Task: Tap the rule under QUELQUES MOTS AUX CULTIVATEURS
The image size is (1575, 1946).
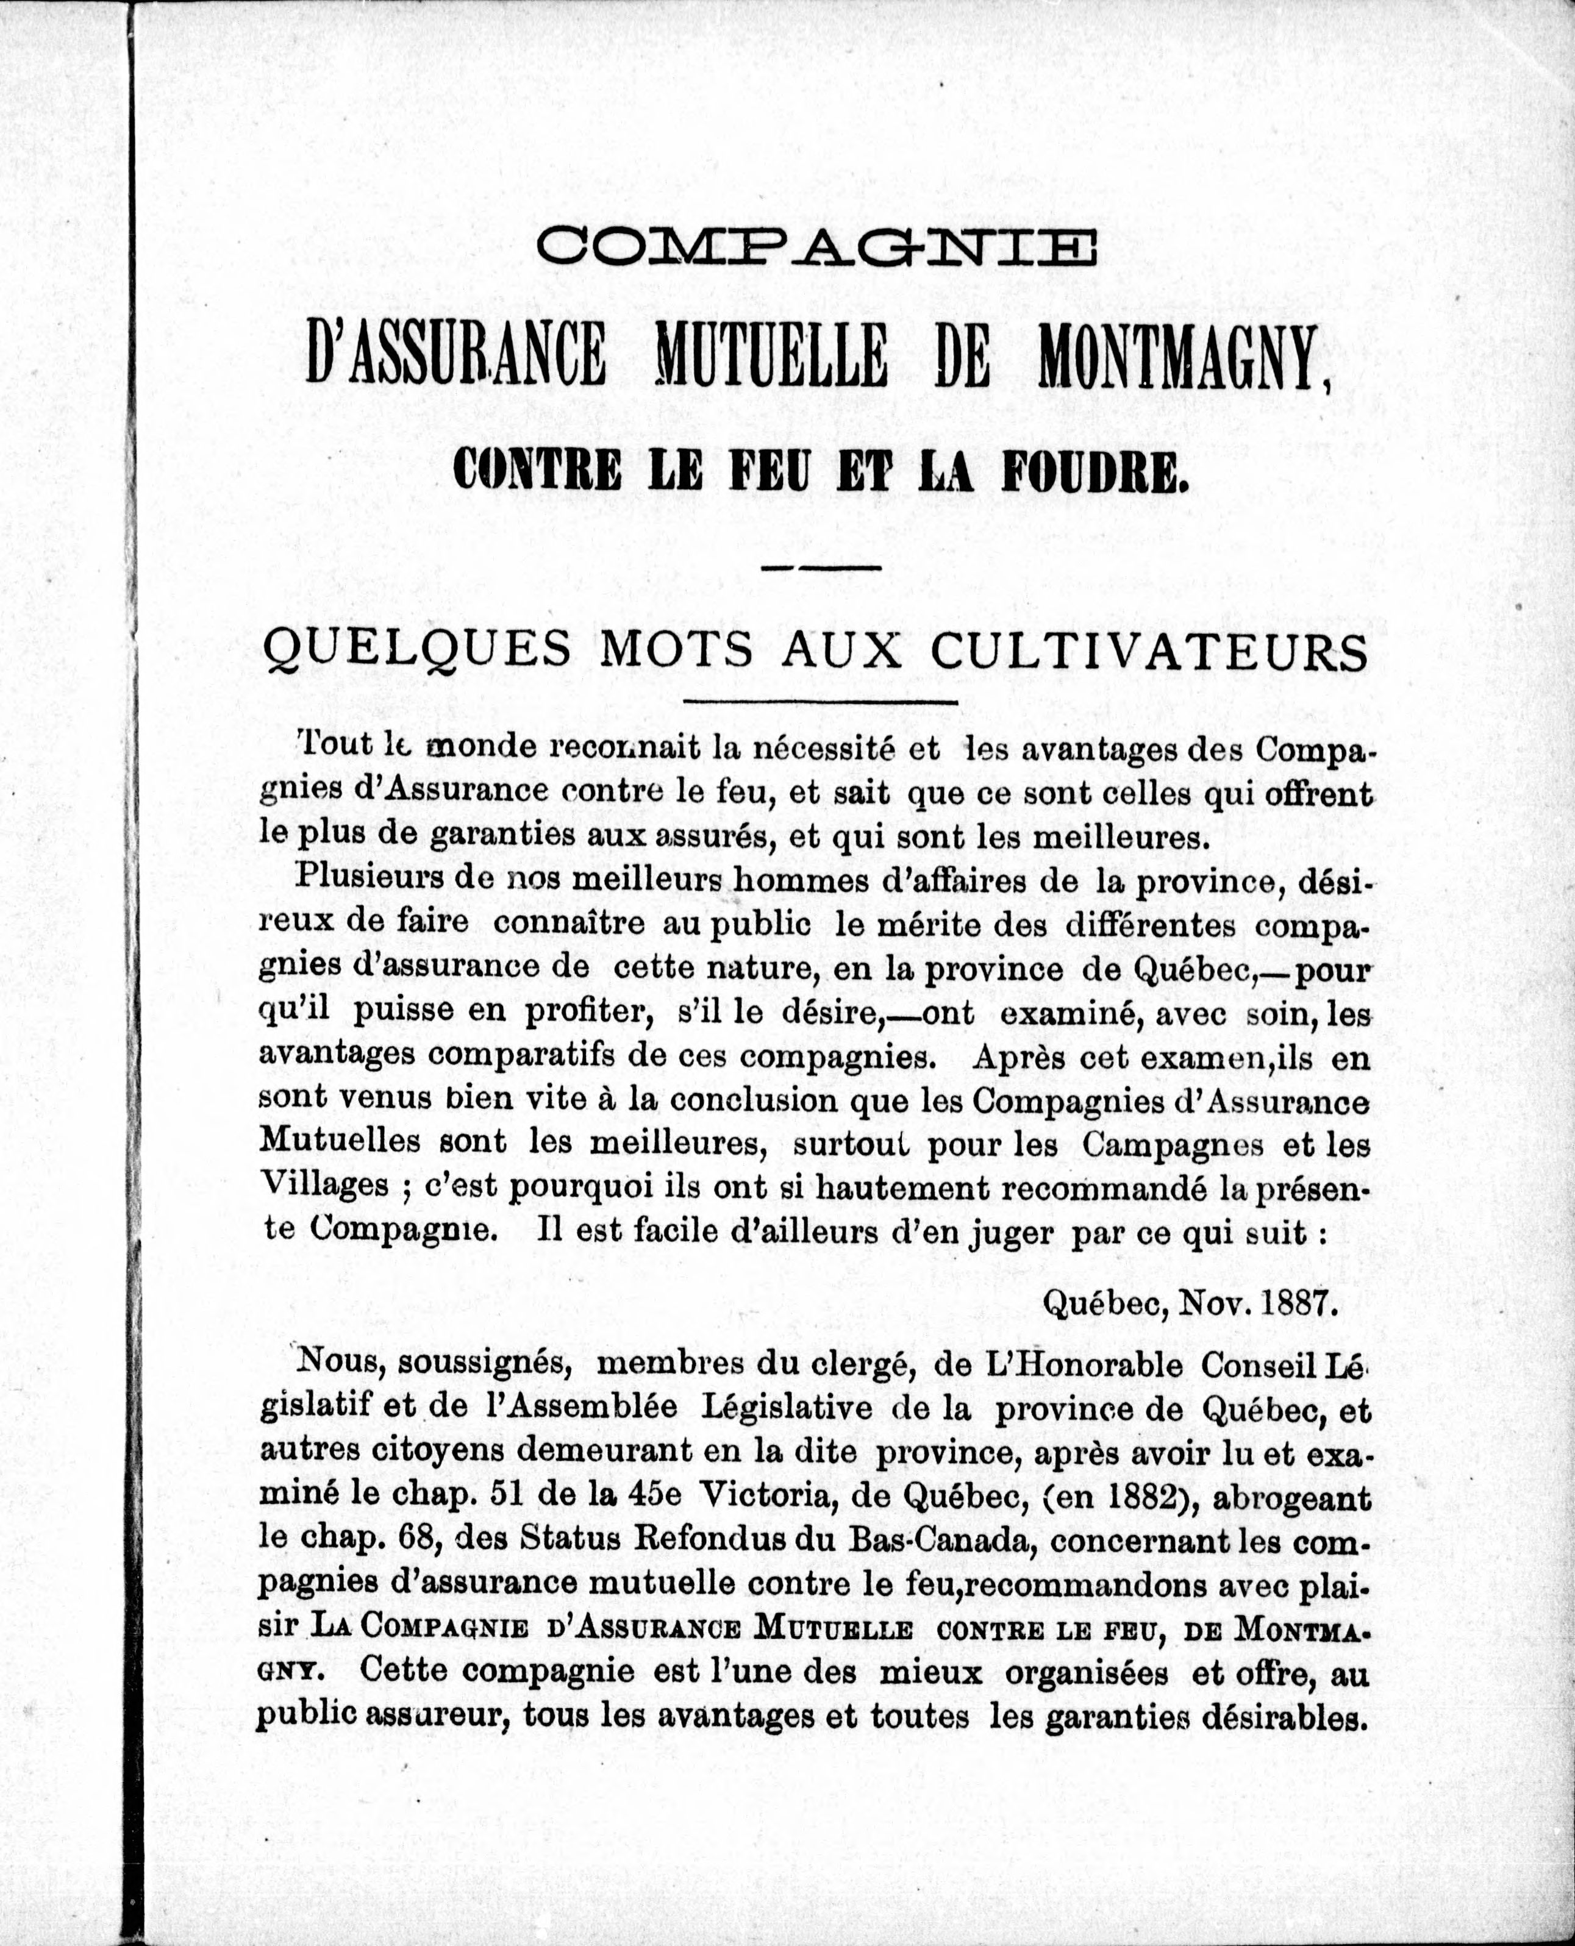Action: click(820, 701)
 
